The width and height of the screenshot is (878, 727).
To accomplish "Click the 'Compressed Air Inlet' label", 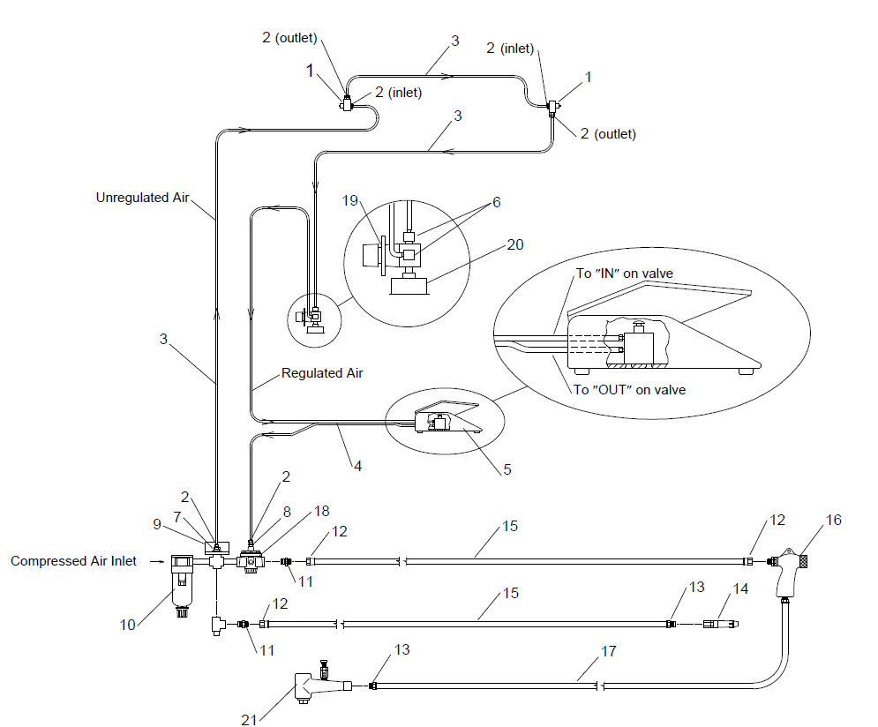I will (73, 561).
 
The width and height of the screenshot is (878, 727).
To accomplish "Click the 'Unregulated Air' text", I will (143, 198).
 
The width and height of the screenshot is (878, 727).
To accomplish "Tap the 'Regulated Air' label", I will (322, 373).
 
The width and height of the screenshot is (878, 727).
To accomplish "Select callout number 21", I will (249, 719).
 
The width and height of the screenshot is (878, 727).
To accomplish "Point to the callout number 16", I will (833, 520).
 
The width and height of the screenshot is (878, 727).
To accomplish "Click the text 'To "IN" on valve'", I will (624, 274).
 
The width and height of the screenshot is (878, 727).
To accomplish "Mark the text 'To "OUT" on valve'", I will (629, 389).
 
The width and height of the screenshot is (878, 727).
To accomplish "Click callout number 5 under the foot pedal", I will (507, 469).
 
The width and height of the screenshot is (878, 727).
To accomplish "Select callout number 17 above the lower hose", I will (607, 651).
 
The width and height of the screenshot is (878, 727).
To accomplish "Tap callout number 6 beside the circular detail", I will (496, 201).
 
